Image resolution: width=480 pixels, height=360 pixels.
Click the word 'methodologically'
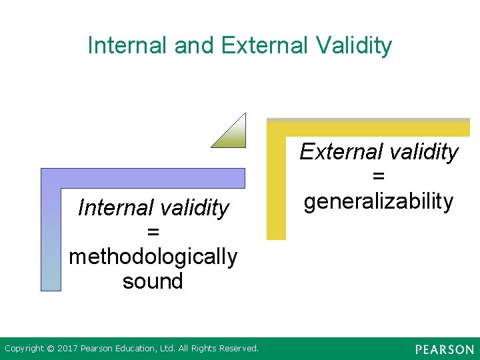[153, 257]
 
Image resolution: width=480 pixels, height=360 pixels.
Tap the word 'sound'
[153, 281]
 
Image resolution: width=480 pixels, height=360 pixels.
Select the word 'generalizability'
[379, 201]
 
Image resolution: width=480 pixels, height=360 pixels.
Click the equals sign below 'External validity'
[379, 177]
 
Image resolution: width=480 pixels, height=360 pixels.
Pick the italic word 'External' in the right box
[339, 152]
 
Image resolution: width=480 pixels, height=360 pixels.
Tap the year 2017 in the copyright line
[67, 349]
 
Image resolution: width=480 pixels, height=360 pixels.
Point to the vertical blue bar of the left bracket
[51, 240]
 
